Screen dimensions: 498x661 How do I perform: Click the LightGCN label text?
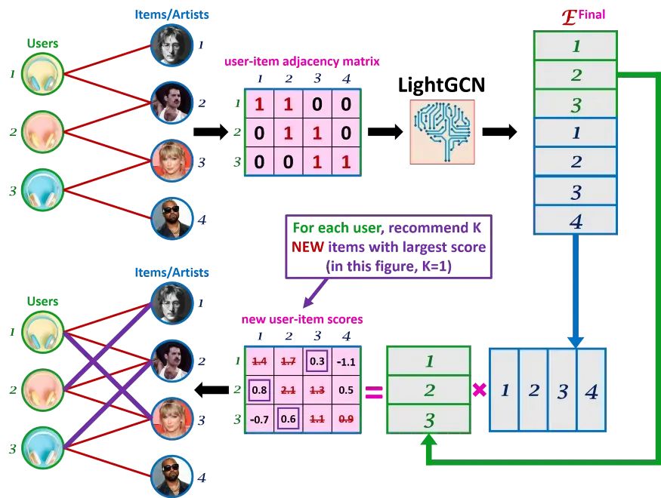coord(441,85)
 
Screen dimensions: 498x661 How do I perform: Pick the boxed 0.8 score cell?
coord(259,389)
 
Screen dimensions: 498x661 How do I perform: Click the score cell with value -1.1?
coord(345,361)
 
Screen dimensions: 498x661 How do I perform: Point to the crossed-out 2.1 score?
coord(288,389)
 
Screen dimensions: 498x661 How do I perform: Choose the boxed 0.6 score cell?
coord(288,418)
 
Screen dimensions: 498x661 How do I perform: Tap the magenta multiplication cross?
coord(479,390)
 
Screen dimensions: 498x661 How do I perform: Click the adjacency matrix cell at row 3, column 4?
coord(346,161)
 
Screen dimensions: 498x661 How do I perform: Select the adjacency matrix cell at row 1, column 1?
coord(260,104)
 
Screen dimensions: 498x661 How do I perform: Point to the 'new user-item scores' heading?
coord(302,319)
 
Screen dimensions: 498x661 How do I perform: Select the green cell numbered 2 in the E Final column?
coord(576,75)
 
